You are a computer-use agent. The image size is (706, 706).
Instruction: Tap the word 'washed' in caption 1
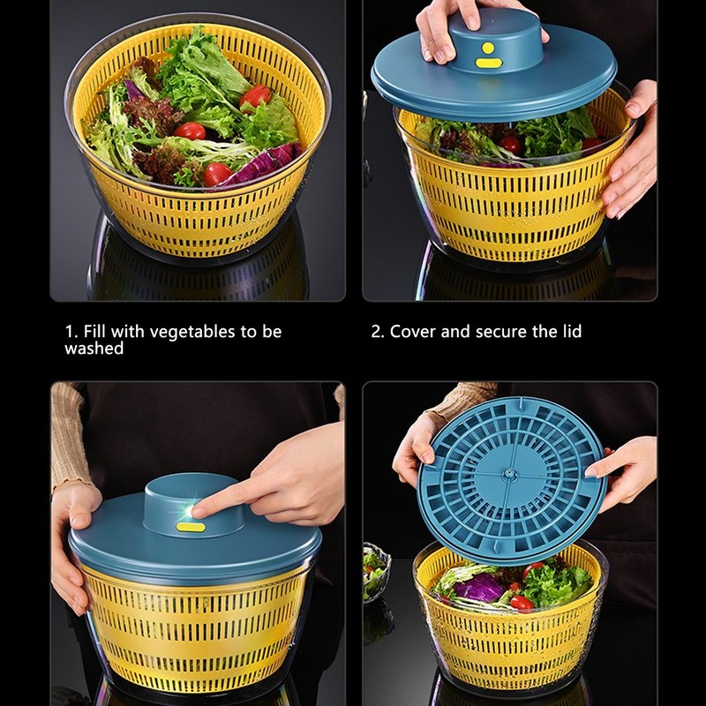tap(94, 349)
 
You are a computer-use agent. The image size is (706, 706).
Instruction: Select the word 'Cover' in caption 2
tap(413, 332)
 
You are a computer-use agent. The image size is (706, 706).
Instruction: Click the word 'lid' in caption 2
tap(570, 332)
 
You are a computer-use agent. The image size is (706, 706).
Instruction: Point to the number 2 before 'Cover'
tap(376, 332)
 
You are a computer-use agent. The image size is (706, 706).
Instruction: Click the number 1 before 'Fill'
tap(70, 332)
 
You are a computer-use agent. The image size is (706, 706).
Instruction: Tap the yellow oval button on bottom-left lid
tap(191, 527)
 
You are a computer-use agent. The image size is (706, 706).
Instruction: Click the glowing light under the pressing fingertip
tap(188, 510)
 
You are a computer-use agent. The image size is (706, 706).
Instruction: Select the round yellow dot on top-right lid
tap(486, 47)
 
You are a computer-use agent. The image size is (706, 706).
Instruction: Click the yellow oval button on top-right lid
tap(487, 63)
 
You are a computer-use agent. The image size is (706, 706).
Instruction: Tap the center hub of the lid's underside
tap(510, 475)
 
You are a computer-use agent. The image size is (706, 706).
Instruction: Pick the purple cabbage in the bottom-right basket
tap(481, 587)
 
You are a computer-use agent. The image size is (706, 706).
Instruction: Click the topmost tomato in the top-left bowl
tap(256, 96)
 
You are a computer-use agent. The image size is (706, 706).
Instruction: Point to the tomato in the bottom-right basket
tap(521, 603)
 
